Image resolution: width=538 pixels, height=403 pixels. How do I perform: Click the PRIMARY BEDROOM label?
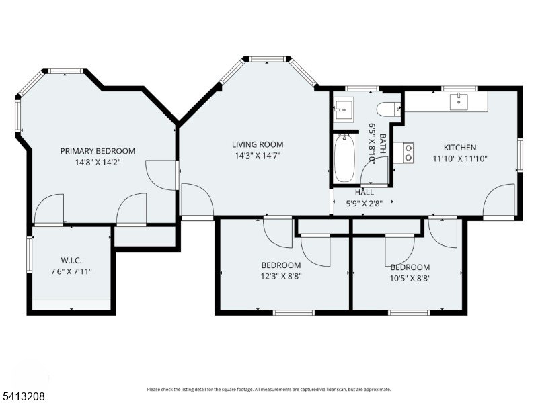98,151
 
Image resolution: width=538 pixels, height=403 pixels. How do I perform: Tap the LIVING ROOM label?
258,144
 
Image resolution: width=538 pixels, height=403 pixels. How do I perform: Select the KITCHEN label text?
460,148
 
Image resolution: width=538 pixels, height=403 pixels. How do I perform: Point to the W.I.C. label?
71,261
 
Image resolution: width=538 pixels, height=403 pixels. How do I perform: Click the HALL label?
364,193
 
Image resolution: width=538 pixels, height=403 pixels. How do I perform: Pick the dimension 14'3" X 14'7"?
258,156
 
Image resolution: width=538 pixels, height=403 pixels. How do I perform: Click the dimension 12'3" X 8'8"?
281,276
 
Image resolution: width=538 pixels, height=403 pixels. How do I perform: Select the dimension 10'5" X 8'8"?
410,278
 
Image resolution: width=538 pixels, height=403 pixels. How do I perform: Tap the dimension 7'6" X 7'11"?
71,272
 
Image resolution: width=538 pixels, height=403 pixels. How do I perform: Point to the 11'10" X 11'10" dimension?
460,159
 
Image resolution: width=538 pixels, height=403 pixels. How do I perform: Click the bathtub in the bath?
344,159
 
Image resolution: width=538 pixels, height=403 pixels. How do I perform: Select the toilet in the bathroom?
389,109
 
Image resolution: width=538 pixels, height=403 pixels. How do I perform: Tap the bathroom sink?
344,109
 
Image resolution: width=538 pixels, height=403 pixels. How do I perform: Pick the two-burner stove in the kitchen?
408,153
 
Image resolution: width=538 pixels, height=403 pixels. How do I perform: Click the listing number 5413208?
23,396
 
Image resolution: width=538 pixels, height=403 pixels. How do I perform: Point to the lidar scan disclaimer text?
269,390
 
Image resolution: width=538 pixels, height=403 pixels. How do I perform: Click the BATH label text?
383,144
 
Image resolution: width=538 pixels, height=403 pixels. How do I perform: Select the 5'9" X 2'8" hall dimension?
364,204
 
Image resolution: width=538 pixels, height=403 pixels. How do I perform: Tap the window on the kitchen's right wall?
520,155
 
